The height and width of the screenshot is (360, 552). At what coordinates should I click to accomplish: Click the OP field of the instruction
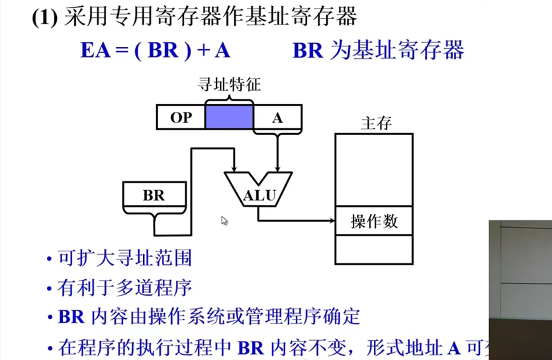[181, 117]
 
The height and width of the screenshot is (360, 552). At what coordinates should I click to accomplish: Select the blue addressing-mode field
[229, 117]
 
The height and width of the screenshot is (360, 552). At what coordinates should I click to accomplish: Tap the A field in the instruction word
[277, 117]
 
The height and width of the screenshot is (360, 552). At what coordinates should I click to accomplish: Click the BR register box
[153, 195]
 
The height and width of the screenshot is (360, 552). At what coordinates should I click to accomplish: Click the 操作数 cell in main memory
[374, 222]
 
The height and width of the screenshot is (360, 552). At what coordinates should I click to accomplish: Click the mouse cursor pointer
[224, 220]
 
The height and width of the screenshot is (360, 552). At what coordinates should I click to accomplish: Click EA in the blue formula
[95, 51]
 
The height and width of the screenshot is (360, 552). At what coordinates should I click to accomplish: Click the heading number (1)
[46, 17]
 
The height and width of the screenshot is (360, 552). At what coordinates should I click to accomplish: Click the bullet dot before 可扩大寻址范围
[50, 259]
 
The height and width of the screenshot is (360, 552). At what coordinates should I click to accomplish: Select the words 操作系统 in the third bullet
[231, 316]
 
